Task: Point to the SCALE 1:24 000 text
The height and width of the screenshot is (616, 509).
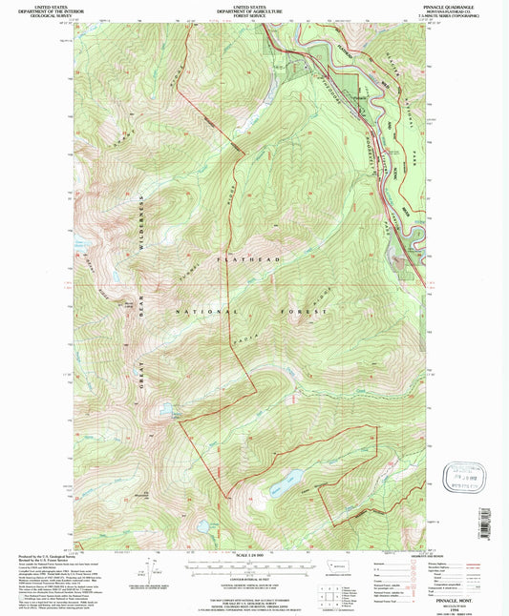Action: click(254, 555)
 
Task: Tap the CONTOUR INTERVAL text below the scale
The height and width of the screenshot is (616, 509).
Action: click(254, 578)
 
